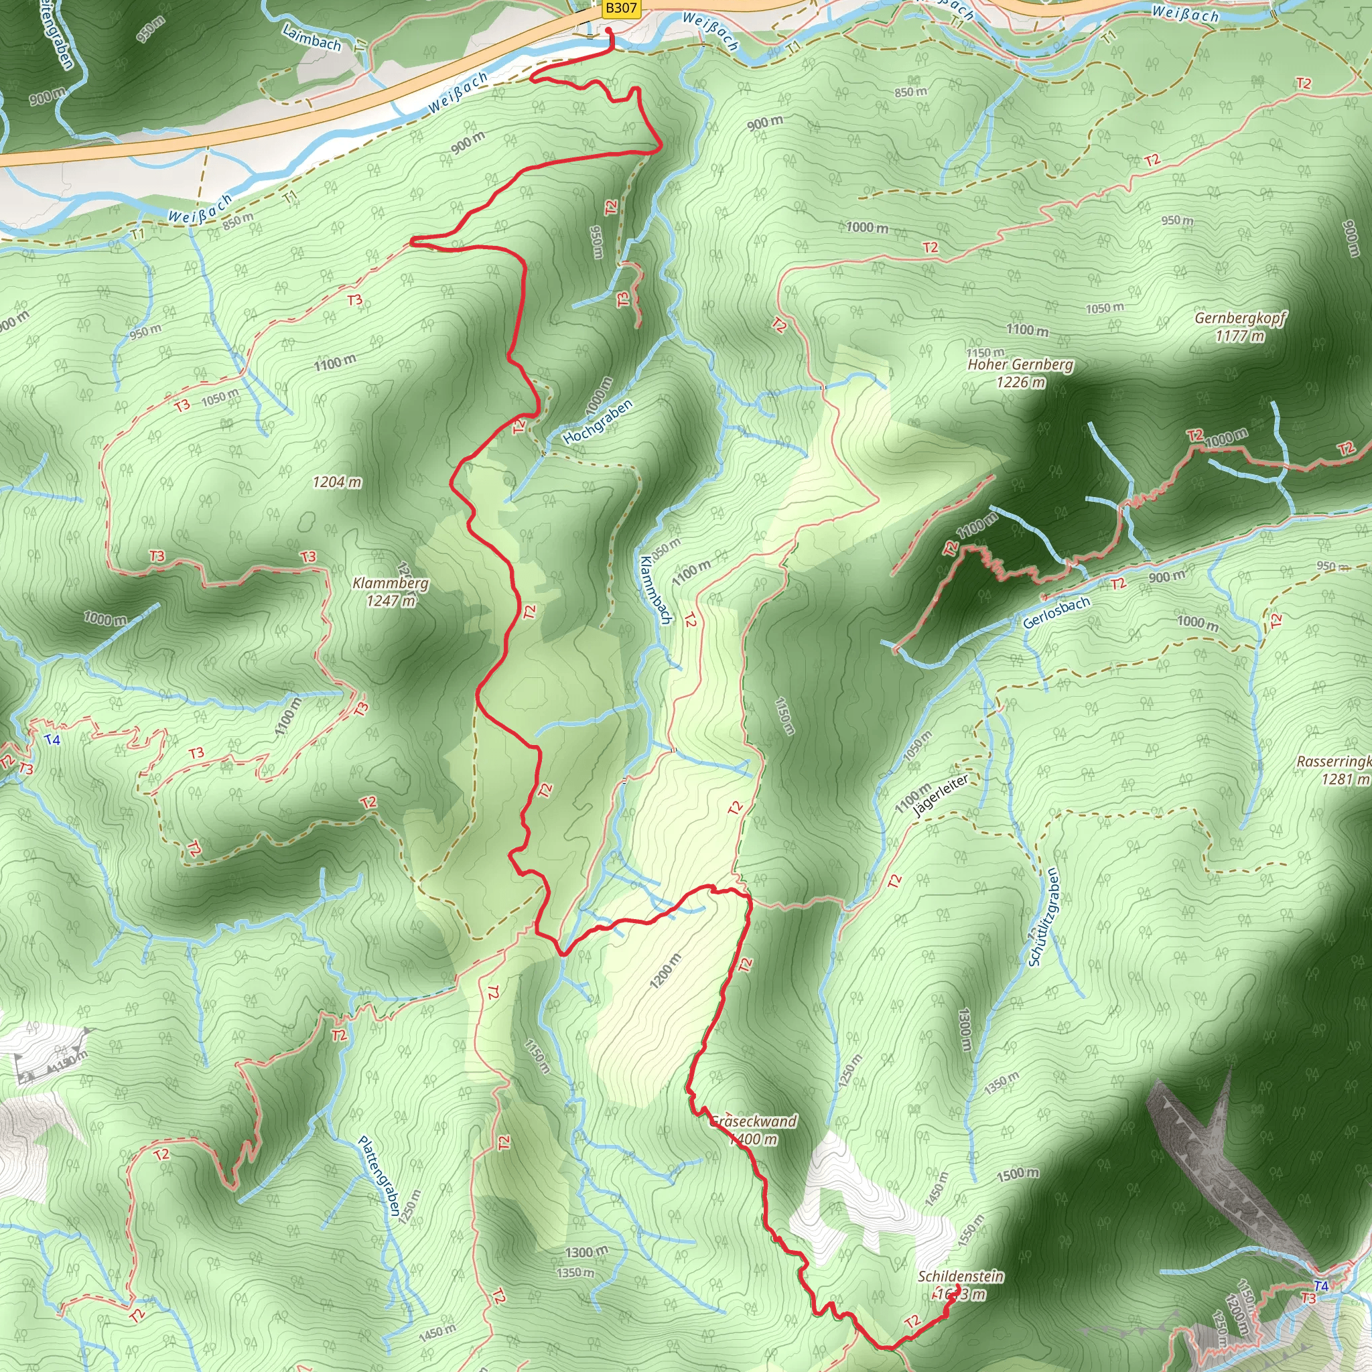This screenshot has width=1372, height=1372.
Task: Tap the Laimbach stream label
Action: [x=312, y=38]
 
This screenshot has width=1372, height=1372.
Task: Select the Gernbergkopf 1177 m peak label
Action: [x=1240, y=327]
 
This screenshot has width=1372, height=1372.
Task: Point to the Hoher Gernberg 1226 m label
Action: [x=1020, y=373]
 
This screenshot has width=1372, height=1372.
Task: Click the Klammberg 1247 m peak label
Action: [x=391, y=592]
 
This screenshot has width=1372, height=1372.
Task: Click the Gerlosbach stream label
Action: [x=1056, y=612]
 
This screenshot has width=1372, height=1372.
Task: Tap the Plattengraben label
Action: [x=379, y=1175]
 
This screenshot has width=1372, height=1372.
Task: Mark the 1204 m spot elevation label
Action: [x=338, y=482]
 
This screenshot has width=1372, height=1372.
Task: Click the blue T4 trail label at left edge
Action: [x=52, y=740]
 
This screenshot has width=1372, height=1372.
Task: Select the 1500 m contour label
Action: [x=1018, y=1174]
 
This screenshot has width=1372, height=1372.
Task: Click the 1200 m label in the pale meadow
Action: [x=665, y=971]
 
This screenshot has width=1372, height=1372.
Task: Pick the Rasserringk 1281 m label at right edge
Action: [x=1334, y=770]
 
